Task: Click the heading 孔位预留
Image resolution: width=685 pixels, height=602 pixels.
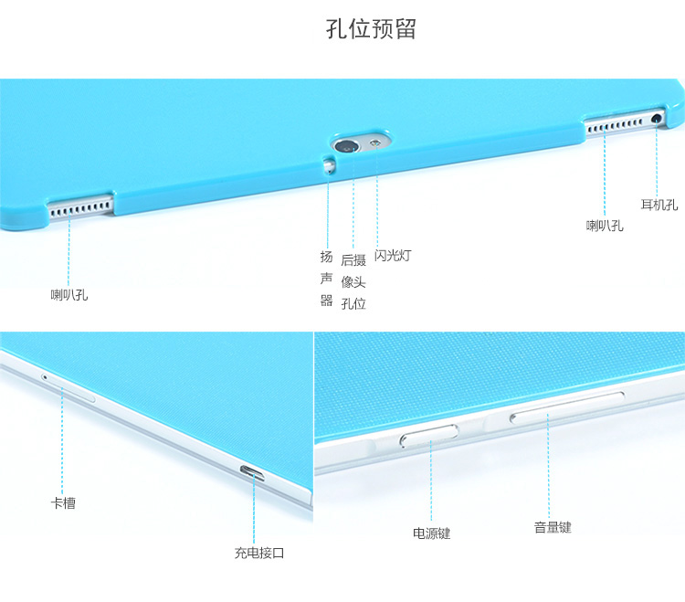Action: [371, 28]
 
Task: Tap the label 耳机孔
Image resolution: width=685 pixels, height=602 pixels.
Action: [659, 205]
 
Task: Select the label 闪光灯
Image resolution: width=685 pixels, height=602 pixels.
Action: [393, 256]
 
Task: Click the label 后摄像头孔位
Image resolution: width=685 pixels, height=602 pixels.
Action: [353, 281]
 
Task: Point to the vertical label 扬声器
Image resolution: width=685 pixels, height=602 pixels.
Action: [326, 279]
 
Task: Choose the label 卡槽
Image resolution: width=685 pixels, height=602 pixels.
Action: [63, 502]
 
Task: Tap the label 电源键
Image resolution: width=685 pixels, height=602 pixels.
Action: [431, 533]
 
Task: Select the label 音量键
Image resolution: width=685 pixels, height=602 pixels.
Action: [553, 527]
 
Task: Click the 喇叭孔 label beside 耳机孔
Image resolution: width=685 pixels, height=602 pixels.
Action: [605, 225]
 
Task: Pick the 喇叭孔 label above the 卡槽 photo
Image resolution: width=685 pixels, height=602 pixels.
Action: [69, 294]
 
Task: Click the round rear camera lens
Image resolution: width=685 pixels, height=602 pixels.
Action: [349, 145]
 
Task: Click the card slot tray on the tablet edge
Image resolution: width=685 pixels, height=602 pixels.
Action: [77, 393]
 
